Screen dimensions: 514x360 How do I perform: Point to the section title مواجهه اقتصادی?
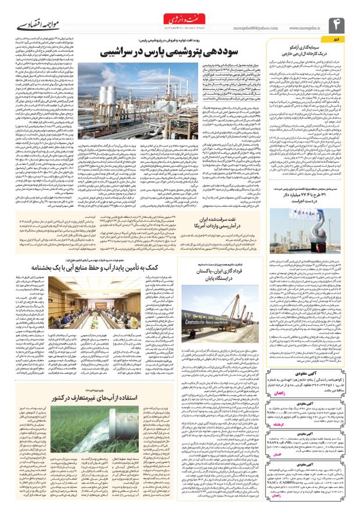[x=28, y=26]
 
